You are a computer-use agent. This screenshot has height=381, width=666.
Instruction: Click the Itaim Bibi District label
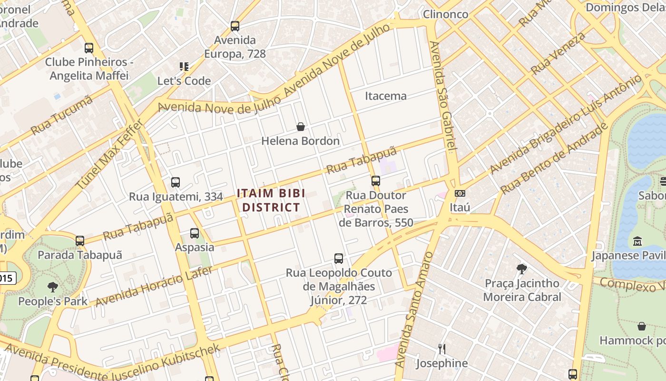[271, 201]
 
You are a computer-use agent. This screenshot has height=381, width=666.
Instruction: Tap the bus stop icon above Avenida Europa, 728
[235, 26]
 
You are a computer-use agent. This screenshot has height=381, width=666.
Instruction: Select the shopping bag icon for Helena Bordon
[301, 127]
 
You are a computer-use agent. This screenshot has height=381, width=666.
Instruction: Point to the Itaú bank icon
[460, 193]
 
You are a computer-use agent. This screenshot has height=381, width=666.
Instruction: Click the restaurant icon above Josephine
[442, 349]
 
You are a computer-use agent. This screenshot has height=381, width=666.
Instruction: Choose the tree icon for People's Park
[53, 287]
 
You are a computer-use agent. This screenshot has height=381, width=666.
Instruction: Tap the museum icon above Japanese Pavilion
[637, 241]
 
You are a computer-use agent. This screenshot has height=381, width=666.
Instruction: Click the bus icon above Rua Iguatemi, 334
[176, 182]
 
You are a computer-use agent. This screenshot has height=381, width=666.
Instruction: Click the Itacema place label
[386, 96]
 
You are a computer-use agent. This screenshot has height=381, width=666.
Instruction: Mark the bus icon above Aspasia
[195, 233]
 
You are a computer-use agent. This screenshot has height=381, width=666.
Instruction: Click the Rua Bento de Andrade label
[554, 159]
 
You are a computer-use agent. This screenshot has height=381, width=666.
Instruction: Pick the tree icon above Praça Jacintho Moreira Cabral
[522, 269]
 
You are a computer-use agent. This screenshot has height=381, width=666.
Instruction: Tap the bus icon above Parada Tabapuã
[80, 241]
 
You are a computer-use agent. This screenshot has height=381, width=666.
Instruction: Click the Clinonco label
[446, 14]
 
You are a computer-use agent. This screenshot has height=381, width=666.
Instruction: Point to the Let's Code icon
[184, 67]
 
